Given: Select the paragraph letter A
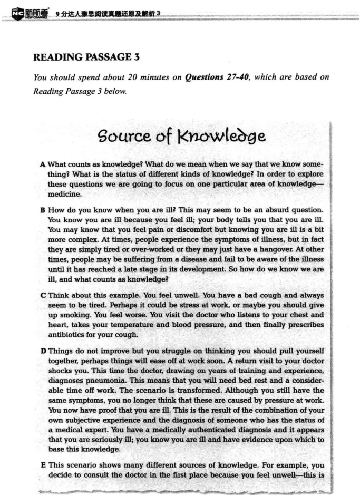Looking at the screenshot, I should pos(42,164).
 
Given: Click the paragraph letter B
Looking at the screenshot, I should pos(42,210).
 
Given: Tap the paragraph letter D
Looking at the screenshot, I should pos(42,351).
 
